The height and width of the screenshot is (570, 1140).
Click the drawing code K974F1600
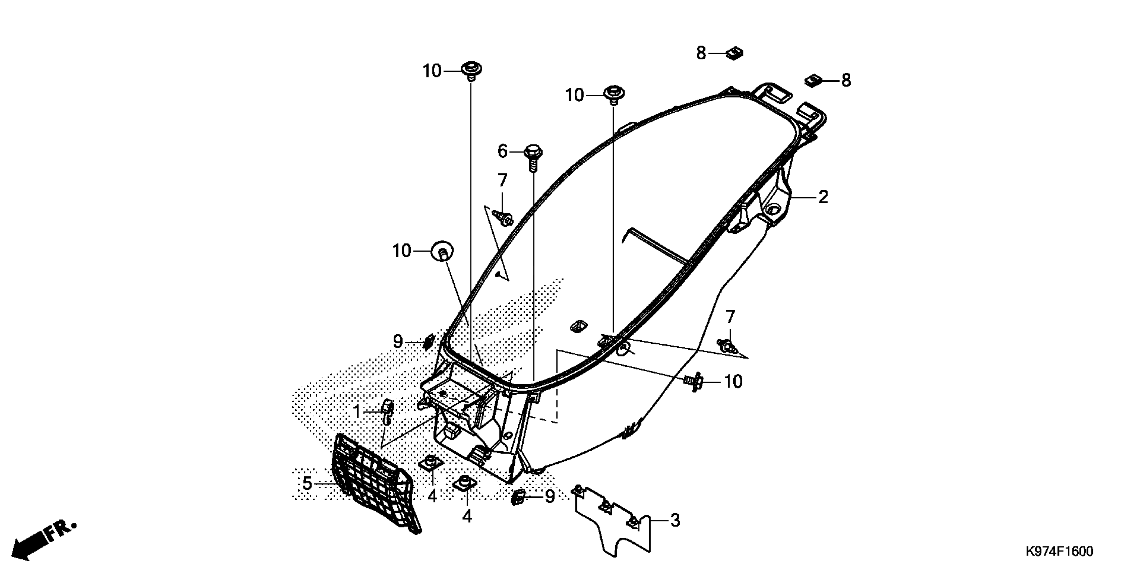pos(1059,552)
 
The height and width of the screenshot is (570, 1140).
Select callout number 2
pos(823,197)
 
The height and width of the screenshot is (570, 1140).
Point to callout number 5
pos(307,483)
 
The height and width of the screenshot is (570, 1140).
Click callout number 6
pos(502,151)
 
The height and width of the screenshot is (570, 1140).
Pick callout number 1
pos(357,412)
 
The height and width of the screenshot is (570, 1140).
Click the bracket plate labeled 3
pos(615,522)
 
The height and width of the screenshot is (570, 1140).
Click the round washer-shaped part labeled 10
pos(442,252)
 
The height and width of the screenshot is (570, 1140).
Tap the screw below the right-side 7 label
pos(728,345)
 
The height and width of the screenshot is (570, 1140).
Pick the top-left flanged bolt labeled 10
pos(472,71)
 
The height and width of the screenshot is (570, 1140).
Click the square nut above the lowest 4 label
pos(465,483)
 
